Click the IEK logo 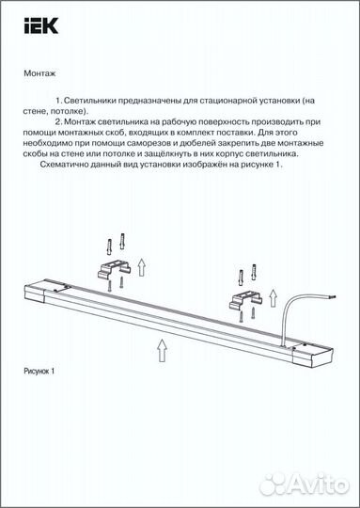click(x=44, y=25)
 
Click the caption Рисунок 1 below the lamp click(x=39, y=372)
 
